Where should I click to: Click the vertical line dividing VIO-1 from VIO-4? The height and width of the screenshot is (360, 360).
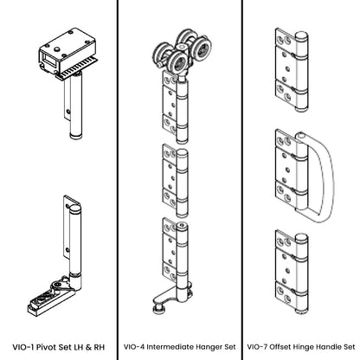pyautogui.click(x=119, y=173)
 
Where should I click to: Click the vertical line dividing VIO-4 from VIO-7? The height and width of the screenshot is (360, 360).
pyautogui.click(x=241, y=173)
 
